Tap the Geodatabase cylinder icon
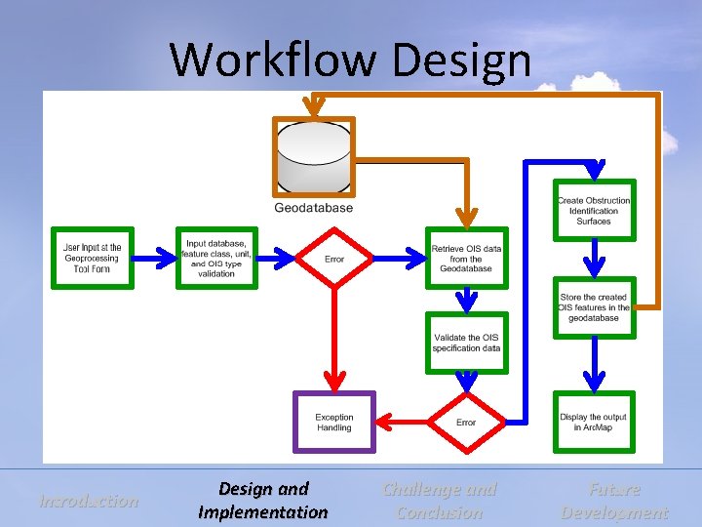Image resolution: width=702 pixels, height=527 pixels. click(x=313, y=156)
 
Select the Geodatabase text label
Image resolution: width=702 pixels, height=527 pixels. click(x=314, y=208)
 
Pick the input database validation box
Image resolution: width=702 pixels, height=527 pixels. click(x=216, y=259)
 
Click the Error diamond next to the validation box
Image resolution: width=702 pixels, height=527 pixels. click(x=334, y=260)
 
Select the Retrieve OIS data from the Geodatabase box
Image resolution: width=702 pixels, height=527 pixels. click(x=466, y=259)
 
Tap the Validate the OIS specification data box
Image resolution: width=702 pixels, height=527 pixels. click(x=466, y=343)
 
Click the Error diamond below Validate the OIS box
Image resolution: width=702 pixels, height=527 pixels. click(x=466, y=422)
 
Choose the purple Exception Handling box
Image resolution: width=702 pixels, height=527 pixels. click(x=334, y=422)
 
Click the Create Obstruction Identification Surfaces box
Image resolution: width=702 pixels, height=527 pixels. click(x=594, y=211)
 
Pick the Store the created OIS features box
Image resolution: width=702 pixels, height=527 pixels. click(x=594, y=308)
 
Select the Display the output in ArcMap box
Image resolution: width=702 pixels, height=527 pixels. click(x=594, y=422)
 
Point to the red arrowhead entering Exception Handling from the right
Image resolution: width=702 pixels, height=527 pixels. click(x=385, y=422)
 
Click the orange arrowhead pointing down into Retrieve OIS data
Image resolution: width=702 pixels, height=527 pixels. click(x=466, y=221)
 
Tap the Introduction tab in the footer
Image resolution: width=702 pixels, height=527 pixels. click(x=89, y=501)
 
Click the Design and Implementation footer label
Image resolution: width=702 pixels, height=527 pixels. click(x=263, y=501)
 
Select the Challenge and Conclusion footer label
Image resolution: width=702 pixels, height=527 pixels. click(x=440, y=501)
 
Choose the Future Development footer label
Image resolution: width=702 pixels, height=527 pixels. click(x=614, y=501)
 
